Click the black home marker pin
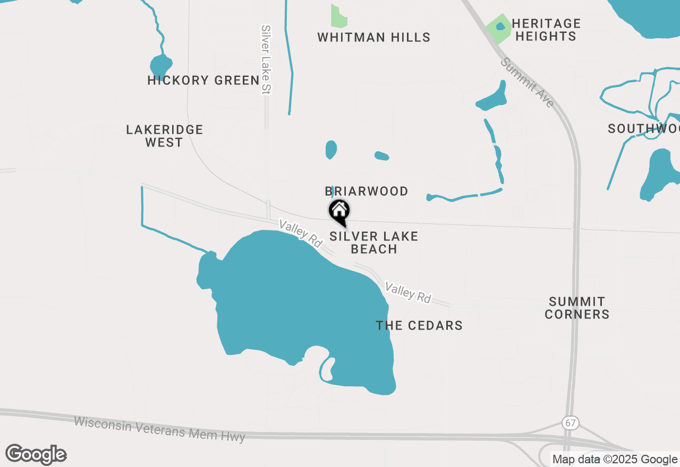coord(339,212)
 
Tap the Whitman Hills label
coord(373,38)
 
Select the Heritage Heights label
coord(546,30)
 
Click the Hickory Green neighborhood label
coord(203,81)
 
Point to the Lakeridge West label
coord(165,136)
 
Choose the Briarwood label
coord(367,191)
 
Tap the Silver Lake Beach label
coord(374,243)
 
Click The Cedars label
coord(419,325)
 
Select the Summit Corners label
coord(577,308)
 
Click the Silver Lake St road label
coord(266,59)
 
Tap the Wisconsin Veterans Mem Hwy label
coord(159,429)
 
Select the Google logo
coord(36,455)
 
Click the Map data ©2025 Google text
coord(615,460)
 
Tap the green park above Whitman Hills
coord(338,17)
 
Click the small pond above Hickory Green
coord(160,65)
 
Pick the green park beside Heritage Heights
coord(498,28)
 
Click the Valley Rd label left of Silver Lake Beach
coord(301,233)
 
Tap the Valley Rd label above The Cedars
coord(408,292)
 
